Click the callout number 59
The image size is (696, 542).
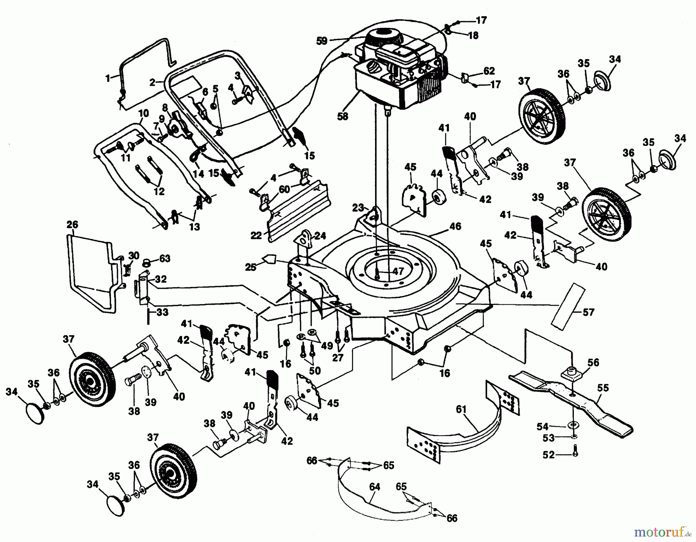(322, 41)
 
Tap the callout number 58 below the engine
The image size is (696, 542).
(343, 116)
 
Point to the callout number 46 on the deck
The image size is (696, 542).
(455, 226)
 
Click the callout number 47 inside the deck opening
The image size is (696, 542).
(398, 271)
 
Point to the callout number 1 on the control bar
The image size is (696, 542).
(107, 78)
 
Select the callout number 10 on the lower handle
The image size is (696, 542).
(143, 113)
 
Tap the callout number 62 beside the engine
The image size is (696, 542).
(489, 71)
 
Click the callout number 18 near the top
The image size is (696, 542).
(473, 35)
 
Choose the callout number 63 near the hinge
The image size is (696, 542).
(165, 258)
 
